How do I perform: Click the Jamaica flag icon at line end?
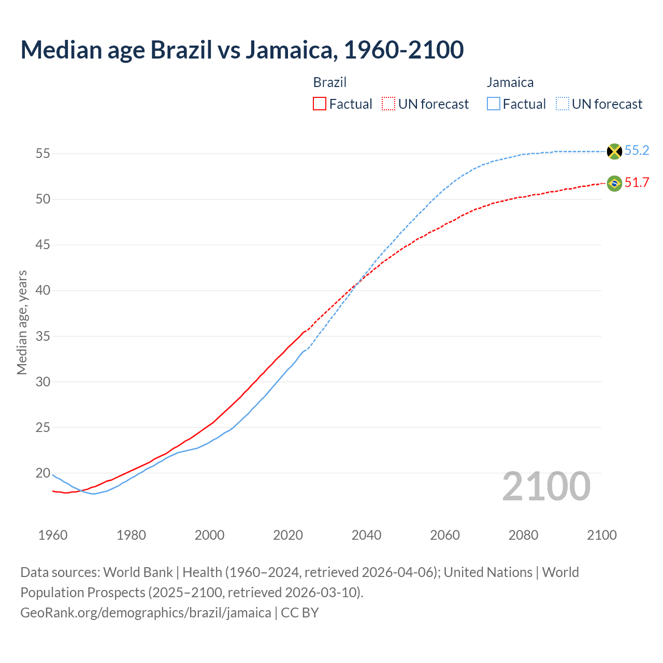[x=614, y=151]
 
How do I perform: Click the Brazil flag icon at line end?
[x=614, y=183]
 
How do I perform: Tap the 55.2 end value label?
[x=637, y=151]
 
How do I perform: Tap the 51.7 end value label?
[x=637, y=183]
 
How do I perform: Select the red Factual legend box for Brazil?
[x=320, y=104]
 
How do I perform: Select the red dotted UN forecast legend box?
[x=388, y=104]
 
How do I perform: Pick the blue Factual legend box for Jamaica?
[x=494, y=104]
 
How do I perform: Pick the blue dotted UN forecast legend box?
[x=563, y=104]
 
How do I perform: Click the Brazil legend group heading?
[x=330, y=82]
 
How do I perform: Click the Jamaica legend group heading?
[x=510, y=82]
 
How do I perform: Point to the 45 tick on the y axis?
[x=43, y=244]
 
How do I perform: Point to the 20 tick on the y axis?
[x=43, y=473]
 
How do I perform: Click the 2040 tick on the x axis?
[x=366, y=535]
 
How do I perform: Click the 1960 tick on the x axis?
[x=53, y=535]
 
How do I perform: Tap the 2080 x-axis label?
[x=523, y=535]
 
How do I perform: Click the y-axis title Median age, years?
[x=22, y=322]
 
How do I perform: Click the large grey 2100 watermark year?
[x=546, y=486]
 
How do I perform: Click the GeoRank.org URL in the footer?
[x=146, y=613]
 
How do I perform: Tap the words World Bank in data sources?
[x=138, y=572]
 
